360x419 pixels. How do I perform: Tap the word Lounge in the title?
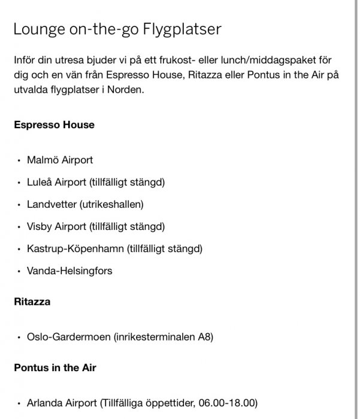point(37,30)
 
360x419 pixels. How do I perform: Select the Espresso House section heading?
point(54,125)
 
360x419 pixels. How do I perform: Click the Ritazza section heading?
point(32,302)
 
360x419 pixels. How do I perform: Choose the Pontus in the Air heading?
point(55,368)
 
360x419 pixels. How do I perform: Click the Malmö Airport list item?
point(60,160)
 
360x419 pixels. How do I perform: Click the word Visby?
point(40,226)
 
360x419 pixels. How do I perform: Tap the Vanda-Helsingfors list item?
point(69,271)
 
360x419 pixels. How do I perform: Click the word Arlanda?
point(44,403)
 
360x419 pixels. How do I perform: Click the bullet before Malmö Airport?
point(20,160)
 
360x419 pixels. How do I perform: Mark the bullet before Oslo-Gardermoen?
point(20,338)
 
